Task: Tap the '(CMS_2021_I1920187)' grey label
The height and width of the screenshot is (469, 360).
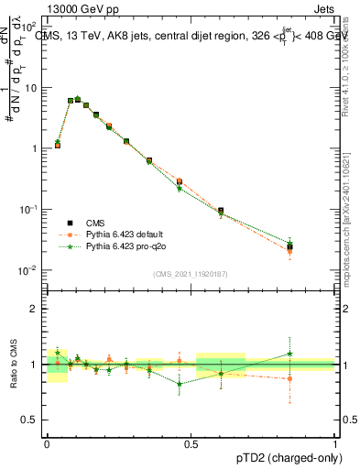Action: tap(190, 273)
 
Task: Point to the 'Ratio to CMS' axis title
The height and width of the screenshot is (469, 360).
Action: tap(12, 365)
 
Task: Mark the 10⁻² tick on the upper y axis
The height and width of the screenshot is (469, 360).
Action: tap(29, 269)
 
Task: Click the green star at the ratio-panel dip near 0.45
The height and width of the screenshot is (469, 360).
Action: tap(180, 384)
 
